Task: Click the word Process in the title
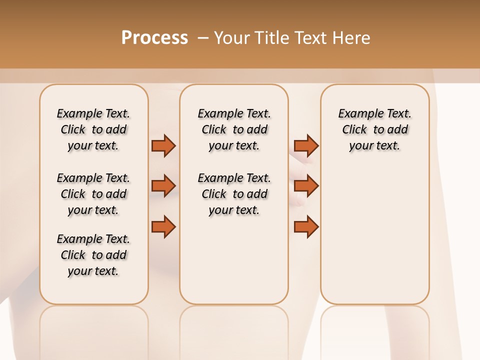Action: coord(154,38)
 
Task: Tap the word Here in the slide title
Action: coord(352,38)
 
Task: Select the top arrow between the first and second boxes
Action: coord(163,145)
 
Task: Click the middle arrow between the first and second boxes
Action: coord(163,186)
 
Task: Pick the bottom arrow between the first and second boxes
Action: coord(163,227)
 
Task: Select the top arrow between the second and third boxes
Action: coord(306,145)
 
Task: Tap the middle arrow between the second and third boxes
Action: coord(306,186)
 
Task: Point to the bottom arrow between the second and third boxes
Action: coord(306,227)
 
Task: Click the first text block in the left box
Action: coord(93,129)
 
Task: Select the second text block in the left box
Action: coord(93,194)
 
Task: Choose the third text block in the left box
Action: coord(93,255)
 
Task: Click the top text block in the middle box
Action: coord(234,129)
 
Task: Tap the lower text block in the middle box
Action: coord(234,194)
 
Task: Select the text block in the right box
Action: coord(374,129)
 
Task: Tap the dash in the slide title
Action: coord(203,38)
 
